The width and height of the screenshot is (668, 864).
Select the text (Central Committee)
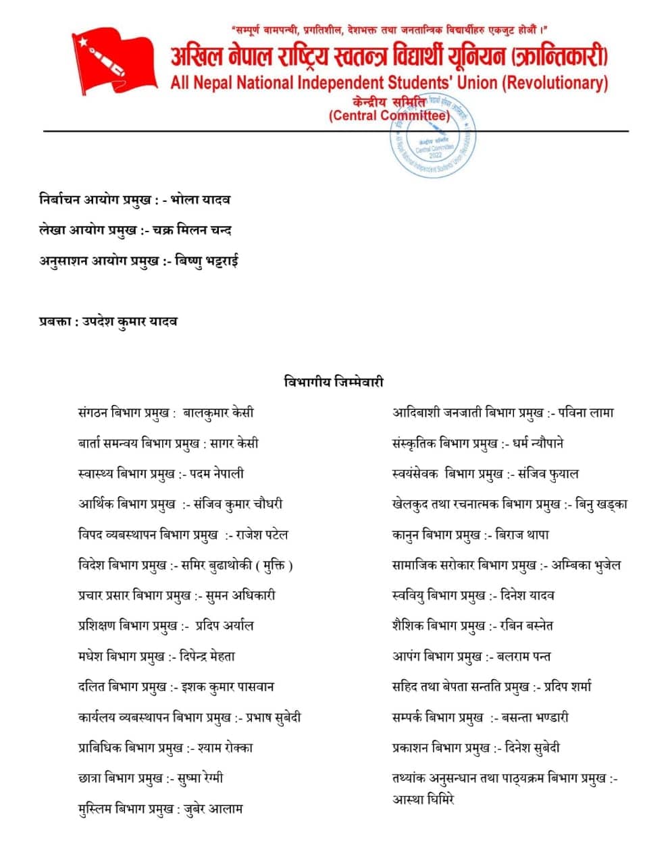389,115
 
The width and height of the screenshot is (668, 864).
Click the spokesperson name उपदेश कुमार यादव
130,321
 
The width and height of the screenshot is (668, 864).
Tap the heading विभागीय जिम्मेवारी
334,382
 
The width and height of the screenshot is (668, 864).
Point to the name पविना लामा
586,412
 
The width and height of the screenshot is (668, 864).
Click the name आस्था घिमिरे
423,799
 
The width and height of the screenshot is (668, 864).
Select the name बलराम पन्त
523,656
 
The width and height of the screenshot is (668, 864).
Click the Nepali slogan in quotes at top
388,30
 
